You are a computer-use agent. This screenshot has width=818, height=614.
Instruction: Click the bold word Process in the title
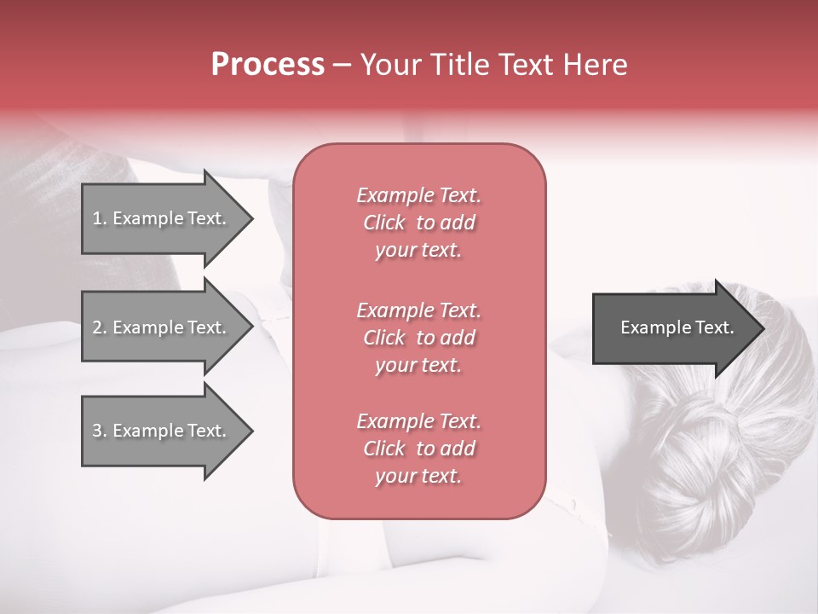coord(268,65)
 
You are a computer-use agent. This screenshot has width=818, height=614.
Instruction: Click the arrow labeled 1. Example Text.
coord(162,218)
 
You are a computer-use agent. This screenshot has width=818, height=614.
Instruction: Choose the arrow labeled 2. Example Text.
coord(162,327)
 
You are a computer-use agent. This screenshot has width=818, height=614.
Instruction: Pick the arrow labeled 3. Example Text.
coord(162,431)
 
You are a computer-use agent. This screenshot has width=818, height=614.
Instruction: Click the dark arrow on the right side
coord(673,328)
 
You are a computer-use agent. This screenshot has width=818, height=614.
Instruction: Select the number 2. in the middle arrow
coord(100,327)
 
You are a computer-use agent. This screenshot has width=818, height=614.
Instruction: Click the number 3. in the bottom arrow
coord(100,431)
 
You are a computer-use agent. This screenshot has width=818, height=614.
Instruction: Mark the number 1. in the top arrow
coord(100,218)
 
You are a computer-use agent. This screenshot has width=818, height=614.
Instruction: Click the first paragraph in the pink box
coord(418,223)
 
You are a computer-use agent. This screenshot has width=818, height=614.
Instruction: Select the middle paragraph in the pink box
coord(418,338)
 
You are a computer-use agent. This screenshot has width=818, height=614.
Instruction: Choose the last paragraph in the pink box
coord(418,449)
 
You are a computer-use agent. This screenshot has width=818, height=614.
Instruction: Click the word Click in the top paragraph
coord(384,223)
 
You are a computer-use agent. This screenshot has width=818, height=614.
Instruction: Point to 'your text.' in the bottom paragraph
coord(418,477)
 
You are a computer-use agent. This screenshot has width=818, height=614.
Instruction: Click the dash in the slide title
coord(342,65)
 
